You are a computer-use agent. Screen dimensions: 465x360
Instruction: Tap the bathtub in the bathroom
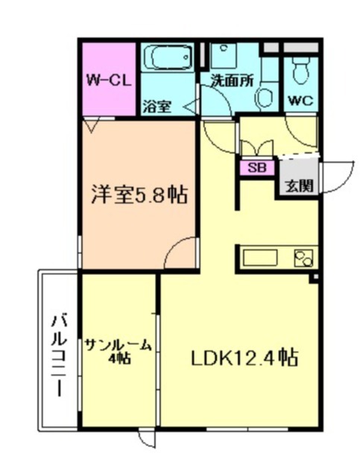[168, 58]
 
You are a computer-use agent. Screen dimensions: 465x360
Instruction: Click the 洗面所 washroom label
[230, 80]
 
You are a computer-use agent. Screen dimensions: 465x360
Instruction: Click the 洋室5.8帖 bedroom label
[139, 195]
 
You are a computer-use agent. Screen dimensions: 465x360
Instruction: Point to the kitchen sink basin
[262, 258]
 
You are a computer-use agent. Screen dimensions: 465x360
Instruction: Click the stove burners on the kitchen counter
[305, 258]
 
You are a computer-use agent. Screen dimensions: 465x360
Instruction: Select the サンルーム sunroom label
[119, 344]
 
